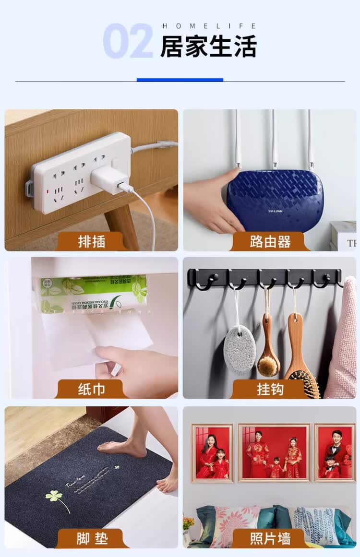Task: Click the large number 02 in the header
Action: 128,41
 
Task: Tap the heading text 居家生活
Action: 208,46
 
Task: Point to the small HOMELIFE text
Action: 209,26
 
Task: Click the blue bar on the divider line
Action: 180,80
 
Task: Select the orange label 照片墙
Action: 270,539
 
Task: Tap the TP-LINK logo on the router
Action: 275,211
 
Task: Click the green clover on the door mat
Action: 54,496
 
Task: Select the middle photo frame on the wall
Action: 274,452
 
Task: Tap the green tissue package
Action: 94,294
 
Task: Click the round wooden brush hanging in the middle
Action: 268,360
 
